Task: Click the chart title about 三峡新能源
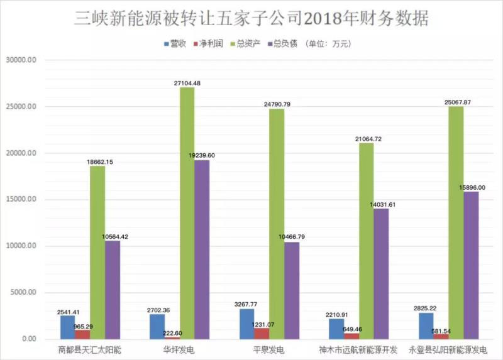251,18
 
